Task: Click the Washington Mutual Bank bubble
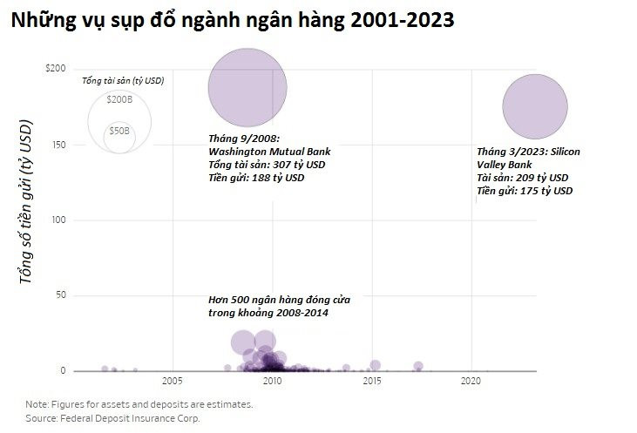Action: point(247,85)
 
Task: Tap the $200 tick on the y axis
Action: point(55,68)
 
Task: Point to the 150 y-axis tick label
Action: point(58,144)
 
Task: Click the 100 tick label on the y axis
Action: point(58,220)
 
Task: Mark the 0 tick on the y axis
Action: point(62,371)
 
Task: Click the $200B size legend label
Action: point(119,99)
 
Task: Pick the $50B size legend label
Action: point(119,131)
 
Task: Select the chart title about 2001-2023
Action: point(232,21)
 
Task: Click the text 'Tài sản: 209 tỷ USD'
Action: point(524,177)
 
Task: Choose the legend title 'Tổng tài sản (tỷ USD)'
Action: point(123,81)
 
